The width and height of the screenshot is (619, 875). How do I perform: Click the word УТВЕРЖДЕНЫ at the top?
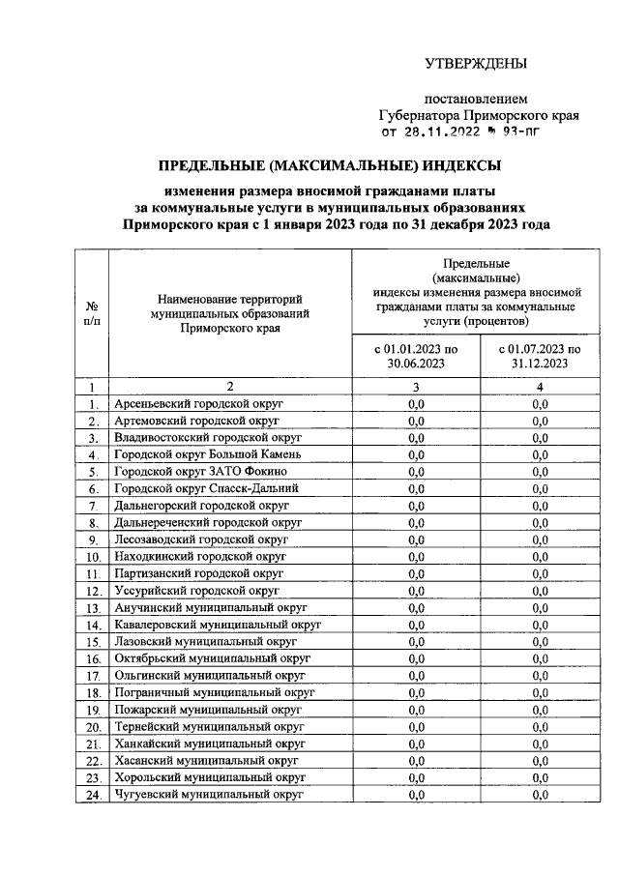pos(476,65)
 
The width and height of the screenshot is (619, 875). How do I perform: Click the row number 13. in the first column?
pos(93,608)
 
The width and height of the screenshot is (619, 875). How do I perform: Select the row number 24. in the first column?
pos(93,795)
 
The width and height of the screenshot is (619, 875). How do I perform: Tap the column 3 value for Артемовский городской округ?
pos(416,421)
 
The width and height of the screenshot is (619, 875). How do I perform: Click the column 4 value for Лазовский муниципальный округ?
pos(540,641)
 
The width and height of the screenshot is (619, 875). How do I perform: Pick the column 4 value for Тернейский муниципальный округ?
pos(540,726)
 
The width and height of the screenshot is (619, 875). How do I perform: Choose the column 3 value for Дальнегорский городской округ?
pos(416,505)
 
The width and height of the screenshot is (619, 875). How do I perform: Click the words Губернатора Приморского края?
pos(479,115)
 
